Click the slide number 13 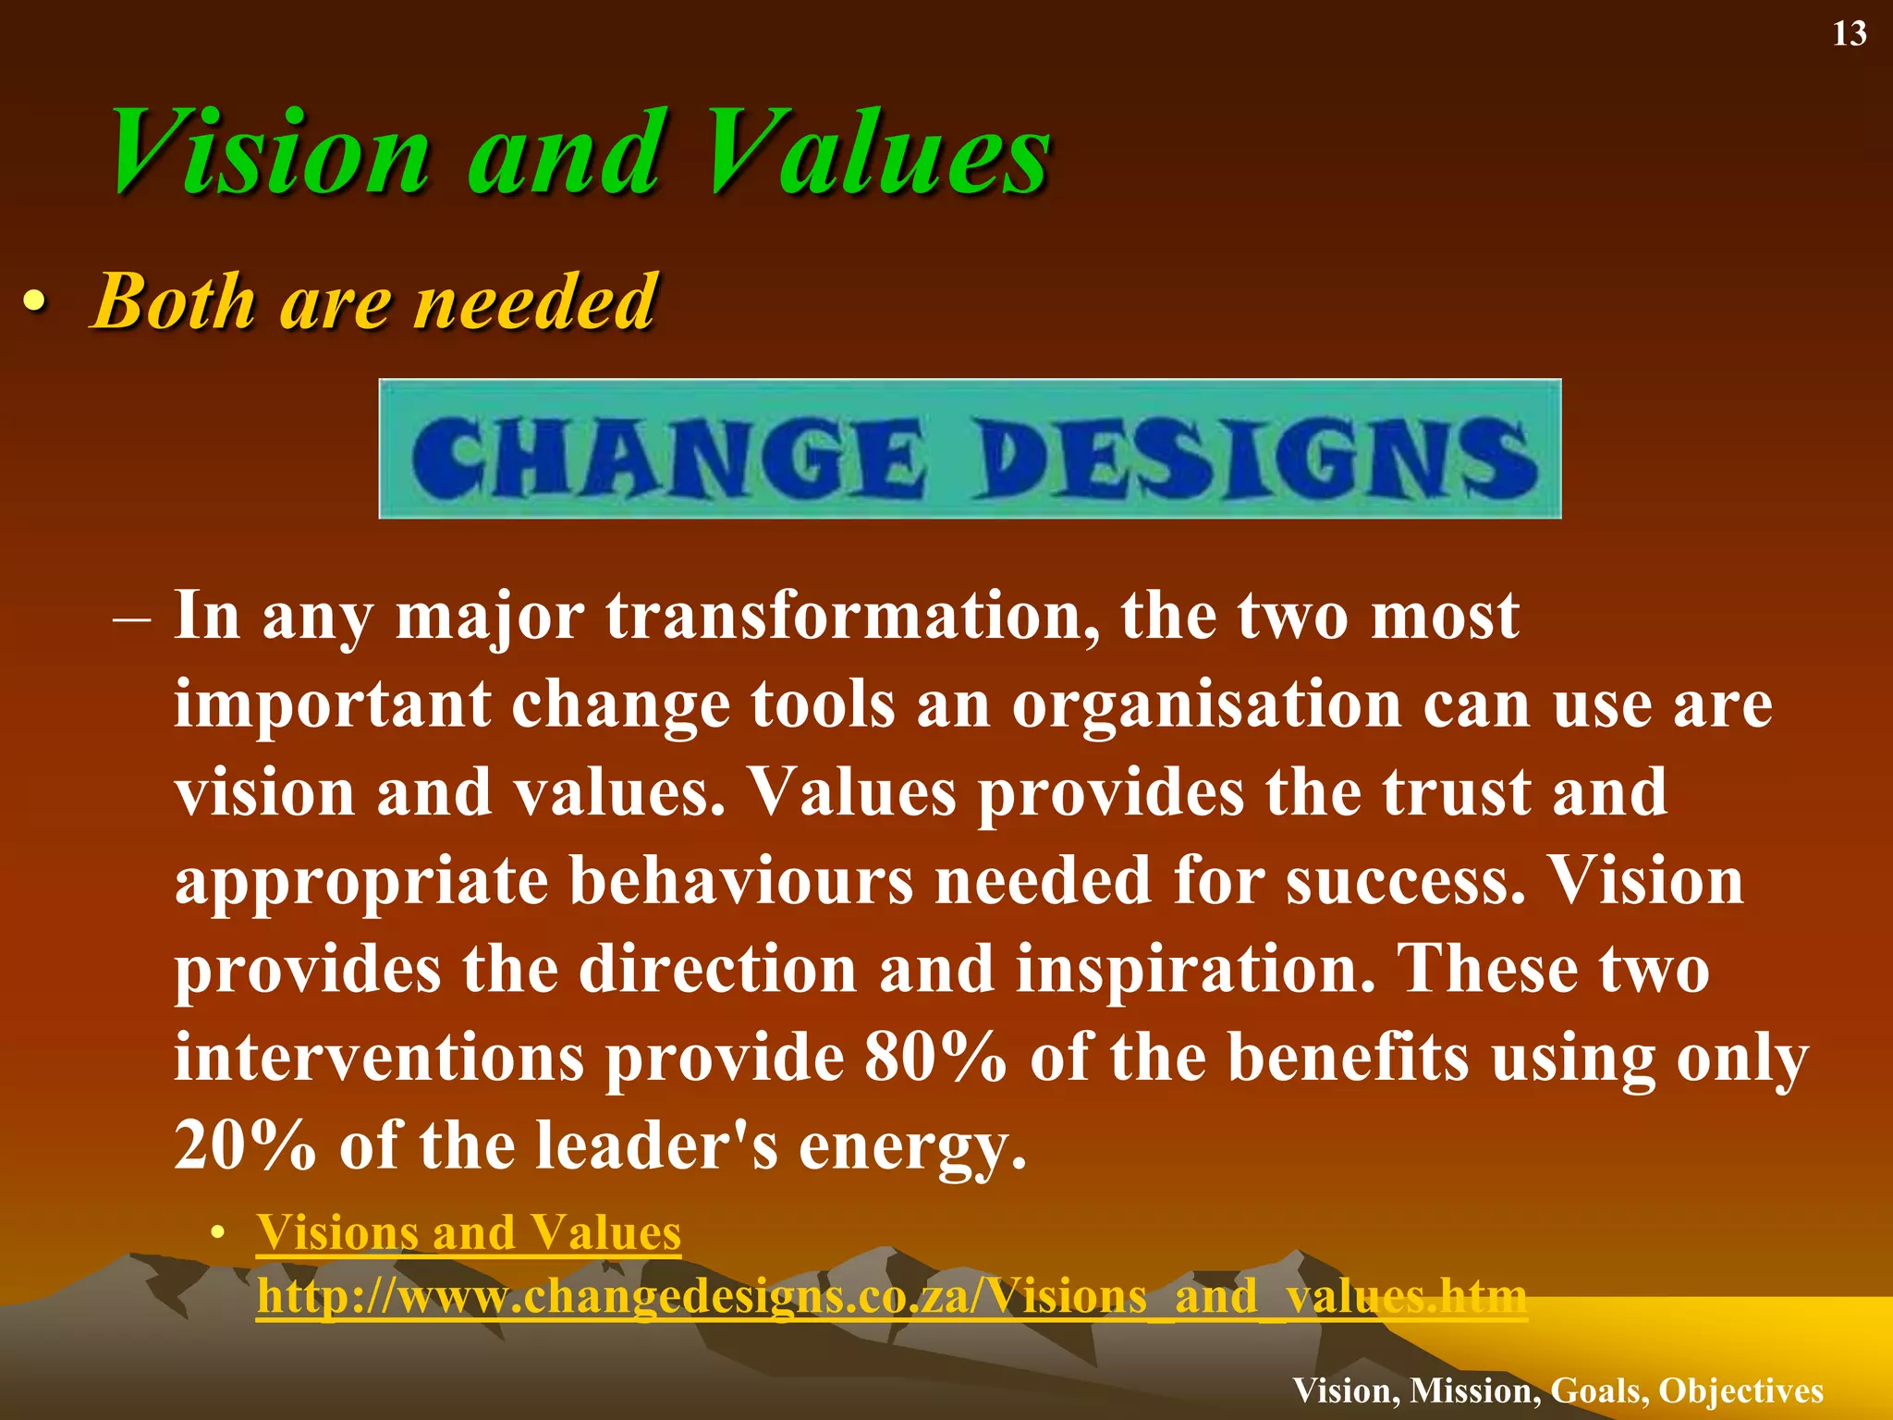point(1849,34)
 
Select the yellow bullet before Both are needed point(34,302)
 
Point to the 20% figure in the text point(245,1145)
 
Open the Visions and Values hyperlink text point(469,1232)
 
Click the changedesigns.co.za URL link point(891,1296)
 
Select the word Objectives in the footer point(1740,1390)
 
